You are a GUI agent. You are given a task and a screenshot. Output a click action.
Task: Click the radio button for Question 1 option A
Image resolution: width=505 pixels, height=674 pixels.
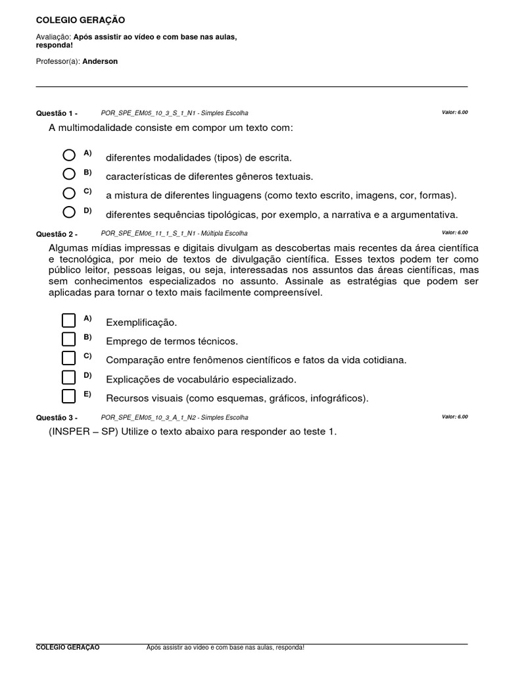[69, 155]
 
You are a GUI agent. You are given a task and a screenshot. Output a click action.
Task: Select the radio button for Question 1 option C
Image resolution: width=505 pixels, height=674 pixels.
[69, 193]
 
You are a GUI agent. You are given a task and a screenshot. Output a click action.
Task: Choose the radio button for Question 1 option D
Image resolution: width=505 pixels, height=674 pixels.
[69, 212]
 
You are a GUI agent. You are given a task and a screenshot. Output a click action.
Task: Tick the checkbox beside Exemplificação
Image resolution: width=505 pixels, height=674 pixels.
[69, 321]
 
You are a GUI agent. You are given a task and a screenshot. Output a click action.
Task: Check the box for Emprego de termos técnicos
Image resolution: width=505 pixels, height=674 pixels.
[69, 339]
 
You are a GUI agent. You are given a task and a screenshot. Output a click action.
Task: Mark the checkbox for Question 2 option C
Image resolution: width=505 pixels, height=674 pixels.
[69, 358]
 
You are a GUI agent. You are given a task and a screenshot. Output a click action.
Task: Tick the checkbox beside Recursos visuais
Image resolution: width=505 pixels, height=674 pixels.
[69, 396]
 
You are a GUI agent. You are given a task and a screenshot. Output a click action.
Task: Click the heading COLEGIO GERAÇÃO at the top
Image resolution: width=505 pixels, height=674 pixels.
[80, 20]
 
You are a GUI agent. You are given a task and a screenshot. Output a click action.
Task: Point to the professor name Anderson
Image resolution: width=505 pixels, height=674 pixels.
[100, 61]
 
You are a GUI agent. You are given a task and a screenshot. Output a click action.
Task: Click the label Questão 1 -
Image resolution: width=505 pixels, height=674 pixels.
[57, 113]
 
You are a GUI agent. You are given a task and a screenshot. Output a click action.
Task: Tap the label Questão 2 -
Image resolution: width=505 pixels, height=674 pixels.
[57, 233]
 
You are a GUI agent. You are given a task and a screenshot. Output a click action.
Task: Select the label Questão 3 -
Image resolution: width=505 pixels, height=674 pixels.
[57, 417]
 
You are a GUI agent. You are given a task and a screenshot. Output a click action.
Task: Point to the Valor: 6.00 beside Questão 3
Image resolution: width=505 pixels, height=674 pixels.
[454, 417]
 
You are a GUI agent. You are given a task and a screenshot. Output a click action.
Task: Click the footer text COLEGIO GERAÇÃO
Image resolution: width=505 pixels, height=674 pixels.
[68, 648]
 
